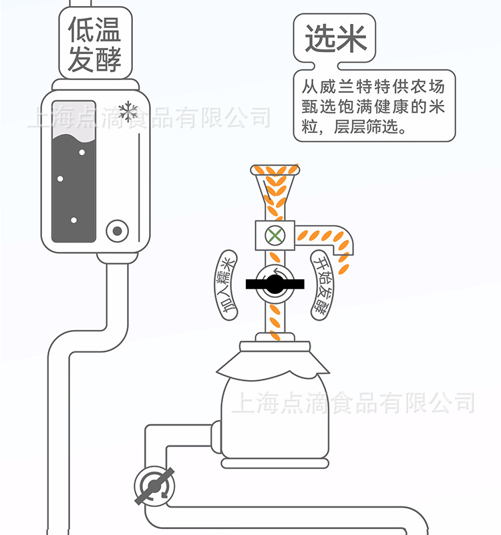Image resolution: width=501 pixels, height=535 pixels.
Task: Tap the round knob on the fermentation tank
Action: [118, 231]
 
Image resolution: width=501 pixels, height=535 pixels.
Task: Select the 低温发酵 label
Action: [95, 42]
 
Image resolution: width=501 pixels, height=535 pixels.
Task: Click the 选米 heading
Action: [336, 39]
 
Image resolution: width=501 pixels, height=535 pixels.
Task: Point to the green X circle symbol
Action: [274, 234]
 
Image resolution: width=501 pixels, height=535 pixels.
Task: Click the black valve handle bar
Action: [275, 285]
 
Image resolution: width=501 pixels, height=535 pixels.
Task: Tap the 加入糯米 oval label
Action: [228, 285]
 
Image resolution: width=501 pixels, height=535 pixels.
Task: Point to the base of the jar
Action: [275, 462]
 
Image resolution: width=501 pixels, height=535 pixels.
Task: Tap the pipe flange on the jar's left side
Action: [216, 440]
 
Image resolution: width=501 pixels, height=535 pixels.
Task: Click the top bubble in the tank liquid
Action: [83, 152]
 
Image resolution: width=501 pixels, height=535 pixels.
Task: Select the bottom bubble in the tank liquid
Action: [73, 220]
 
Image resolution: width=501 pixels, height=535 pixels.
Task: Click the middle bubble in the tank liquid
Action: [60, 178]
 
